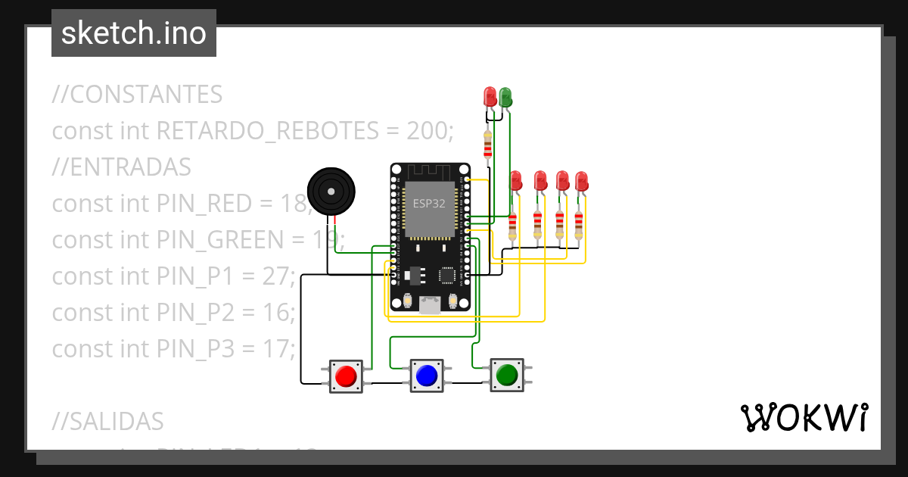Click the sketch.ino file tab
click(134, 33)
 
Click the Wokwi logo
click(803, 417)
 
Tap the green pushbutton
click(506, 375)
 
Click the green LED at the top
click(505, 97)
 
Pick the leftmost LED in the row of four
click(516, 181)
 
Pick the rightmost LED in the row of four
click(581, 182)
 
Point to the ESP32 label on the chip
click(429, 203)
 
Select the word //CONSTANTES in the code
click(137, 95)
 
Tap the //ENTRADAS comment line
click(121, 167)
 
